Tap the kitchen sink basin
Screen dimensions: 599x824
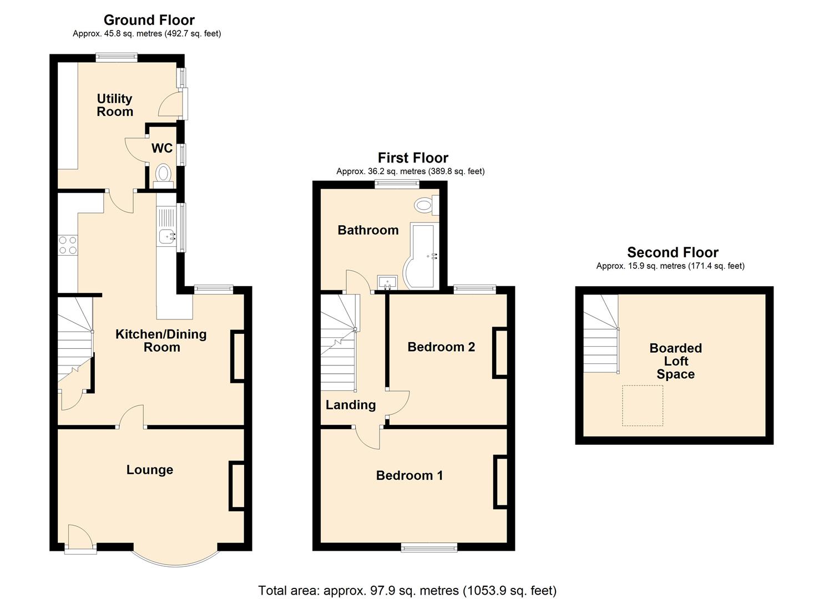[x=167, y=237]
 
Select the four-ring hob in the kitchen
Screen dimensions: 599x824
[x=68, y=245]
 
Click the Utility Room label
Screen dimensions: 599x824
[x=115, y=105]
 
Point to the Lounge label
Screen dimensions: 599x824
[x=149, y=470]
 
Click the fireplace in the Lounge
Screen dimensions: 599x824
[x=237, y=486]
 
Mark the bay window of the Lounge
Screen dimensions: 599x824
[x=175, y=557]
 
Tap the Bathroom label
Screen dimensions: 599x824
[x=368, y=230]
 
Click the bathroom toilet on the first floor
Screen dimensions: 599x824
[x=426, y=206]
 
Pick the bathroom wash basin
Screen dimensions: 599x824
[x=387, y=282]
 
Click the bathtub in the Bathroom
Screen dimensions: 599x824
[x=424, y=256]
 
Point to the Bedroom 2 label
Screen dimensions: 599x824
[x=441, y=347]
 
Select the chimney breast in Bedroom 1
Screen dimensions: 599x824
[x=501, y=481]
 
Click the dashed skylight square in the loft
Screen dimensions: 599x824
[x=643, y=405]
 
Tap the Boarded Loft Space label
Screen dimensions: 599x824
[x=675, y=361]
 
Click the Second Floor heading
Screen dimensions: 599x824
[x=673, y=252]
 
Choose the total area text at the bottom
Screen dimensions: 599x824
[x=407, y=590]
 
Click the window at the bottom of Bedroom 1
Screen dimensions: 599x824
[x=429, y=547]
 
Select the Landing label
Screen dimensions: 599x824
[x=350, y=405]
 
